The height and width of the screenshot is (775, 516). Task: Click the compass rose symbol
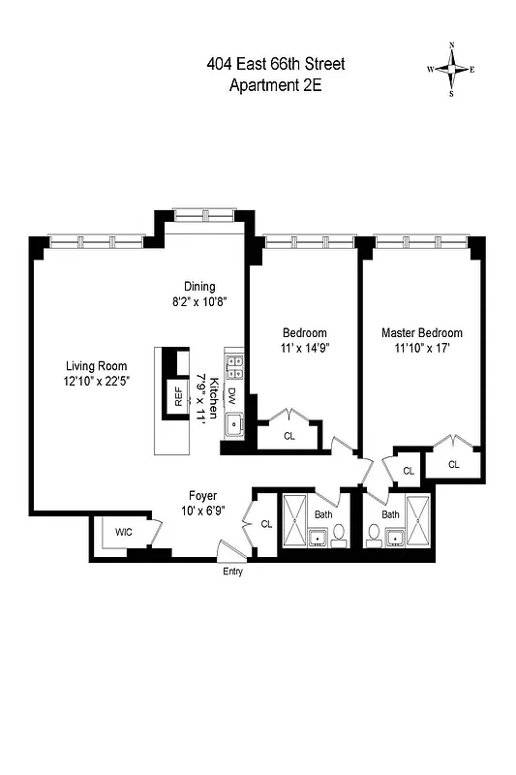tap(451, 70)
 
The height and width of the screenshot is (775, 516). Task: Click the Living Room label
tap(96, 365)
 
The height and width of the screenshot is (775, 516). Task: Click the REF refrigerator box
tap(177, 395)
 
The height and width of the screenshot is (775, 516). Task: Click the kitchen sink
tap(233, 424)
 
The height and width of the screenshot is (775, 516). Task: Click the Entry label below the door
tap(232, 572)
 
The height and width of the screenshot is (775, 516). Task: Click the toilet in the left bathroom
tap(338, 534)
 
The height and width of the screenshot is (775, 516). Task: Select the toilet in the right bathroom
tap(375, 534)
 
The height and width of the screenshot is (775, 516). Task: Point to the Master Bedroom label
tap(421, 332)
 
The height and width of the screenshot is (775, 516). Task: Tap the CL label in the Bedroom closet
tap(288, 436)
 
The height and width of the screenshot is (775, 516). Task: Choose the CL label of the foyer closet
tap(266, 523)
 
